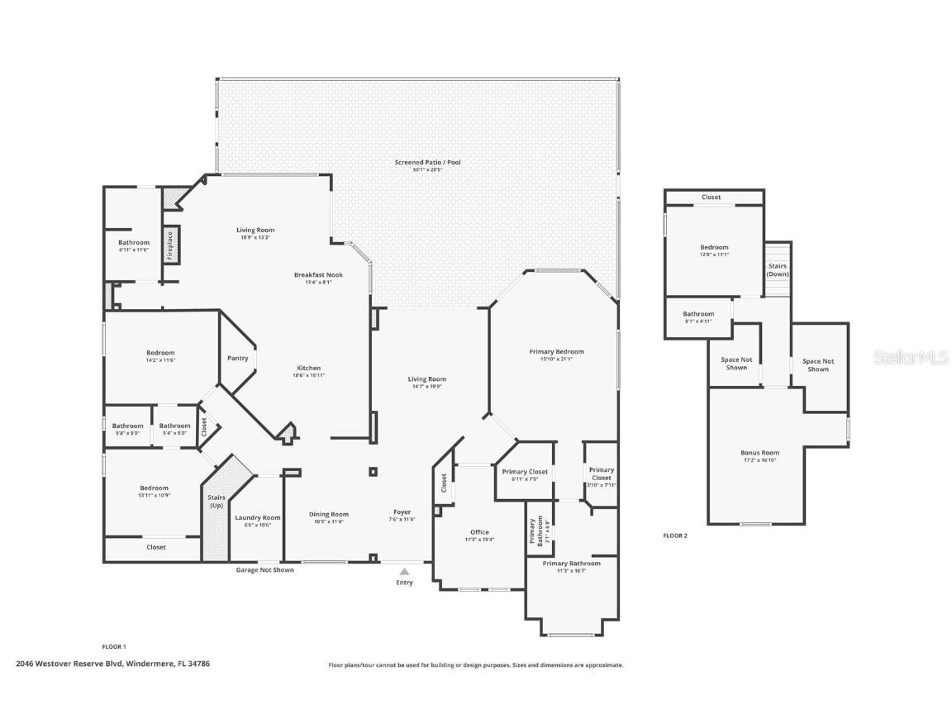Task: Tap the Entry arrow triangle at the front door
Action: click(x=404, y=571)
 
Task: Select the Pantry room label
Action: click(x=238, y=359)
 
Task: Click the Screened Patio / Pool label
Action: click(x=427, y=163)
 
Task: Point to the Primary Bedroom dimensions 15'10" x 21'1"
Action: click(x=556, y=359)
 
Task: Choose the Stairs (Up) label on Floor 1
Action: click(x=217, y=502)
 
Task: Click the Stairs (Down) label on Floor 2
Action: click(x=778, y=270)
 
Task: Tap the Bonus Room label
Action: click(x=759, y=453)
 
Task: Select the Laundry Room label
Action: click(x=258, y=518)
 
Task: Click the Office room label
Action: click(x=479, y=532)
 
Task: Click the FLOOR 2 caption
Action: click(x=675, y=535)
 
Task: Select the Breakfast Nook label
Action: click(x=318, y=275)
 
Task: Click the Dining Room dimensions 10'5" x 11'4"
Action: click(x=329, y=522)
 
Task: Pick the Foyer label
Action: click(x=402, y=512)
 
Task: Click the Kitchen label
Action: click(x=309, y=369)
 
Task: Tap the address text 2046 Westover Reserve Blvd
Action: click(x=70, y=663)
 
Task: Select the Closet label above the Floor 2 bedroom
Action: click(x=711, y=198)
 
